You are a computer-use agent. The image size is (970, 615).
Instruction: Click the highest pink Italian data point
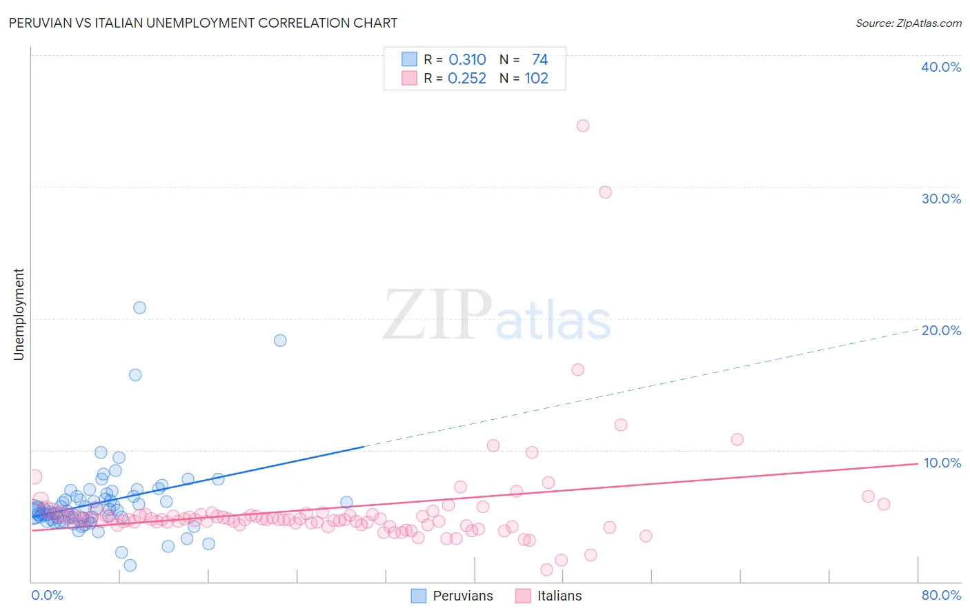coord(583,125)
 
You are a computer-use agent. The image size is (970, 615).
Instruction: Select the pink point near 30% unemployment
coord(605,192)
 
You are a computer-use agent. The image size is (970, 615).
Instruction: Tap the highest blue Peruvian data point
coord(139,307)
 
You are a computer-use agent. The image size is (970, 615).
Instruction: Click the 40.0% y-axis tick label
coord(941,67)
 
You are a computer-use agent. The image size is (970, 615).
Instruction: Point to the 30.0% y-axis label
coord(941,199)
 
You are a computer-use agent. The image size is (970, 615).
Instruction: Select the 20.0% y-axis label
coord(941,330)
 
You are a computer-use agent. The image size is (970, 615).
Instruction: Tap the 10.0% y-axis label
coord(942,462)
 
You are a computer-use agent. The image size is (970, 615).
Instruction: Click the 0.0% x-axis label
coord(47,595)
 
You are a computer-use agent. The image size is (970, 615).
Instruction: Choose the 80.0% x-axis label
coord(941,595)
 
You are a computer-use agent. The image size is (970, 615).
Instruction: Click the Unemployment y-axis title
coord(19,314)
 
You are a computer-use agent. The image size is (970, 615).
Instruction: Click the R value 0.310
coord(467,60)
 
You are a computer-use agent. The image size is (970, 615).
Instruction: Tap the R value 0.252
coord(467,79)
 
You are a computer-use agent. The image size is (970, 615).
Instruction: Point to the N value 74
coord(540,60)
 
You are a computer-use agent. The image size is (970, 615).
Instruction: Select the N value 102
coord(536,79)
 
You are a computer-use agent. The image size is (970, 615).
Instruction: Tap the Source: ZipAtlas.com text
coord(908,23)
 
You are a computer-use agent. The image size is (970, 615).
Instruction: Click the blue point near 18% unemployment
coord(280,340)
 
